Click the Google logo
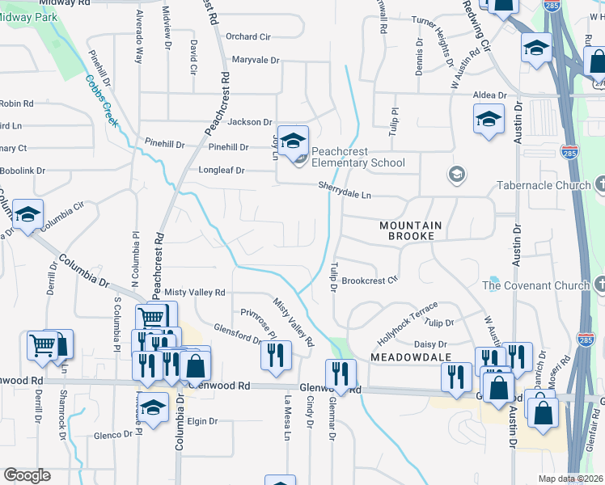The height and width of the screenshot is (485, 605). (x=27, y=475)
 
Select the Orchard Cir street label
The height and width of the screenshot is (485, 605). (x=247, y=36)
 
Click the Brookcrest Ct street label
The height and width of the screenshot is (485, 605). (x=370, y=280)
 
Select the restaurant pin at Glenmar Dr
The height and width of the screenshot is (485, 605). (x=340, y=373)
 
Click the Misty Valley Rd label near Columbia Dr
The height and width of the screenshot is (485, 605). (x=194, y=292)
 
